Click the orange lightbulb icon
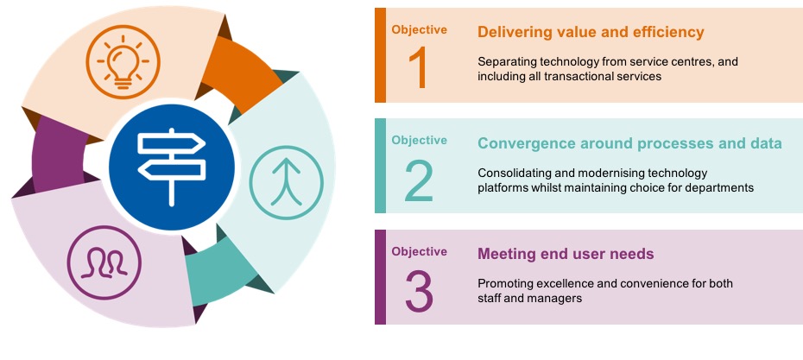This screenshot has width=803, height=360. (123, 62)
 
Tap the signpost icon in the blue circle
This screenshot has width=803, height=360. (172, 167)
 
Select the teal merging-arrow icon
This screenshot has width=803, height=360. (287, 182)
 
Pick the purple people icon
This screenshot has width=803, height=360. (104, 262)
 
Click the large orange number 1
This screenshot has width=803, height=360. (418, 69)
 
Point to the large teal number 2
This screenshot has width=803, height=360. (419, 180)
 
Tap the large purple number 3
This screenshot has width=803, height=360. (420, 292)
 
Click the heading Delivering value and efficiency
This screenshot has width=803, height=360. (591, 32)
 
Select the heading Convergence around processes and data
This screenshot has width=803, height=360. (629, 143)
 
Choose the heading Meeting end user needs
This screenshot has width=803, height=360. (566, 254)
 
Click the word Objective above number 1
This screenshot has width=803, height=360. (419, 29)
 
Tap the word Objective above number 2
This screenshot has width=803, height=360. (419, 141)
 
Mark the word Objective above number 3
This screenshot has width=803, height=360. (419, 251)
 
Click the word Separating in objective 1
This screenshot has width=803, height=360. (503, 62)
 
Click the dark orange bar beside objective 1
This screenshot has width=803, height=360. (380, 55)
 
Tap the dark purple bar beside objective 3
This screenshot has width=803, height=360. (380, 277)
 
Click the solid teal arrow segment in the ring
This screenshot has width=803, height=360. (221, 269)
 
